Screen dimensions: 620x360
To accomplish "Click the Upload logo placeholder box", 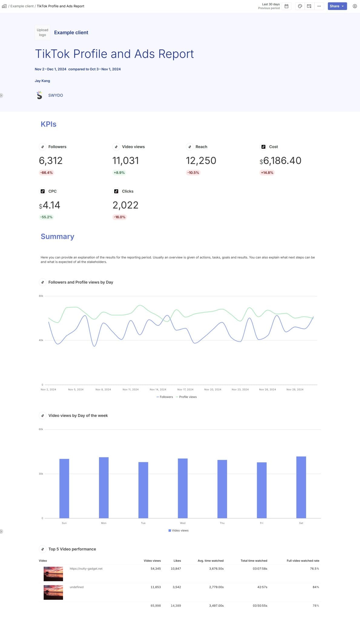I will [42, 32].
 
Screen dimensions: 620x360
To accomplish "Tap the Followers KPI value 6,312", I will [51, 160].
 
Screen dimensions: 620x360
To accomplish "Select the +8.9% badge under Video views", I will [119, 173].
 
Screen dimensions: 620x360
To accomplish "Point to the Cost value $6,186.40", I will [280, 160].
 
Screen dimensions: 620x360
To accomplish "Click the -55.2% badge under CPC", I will [46, 217].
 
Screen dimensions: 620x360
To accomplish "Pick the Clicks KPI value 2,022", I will [125, 205].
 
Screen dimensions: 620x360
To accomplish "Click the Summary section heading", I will [57, 236].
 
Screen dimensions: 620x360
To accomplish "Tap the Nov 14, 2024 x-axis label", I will [158, 389].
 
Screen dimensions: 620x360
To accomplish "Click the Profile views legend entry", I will [187, 397].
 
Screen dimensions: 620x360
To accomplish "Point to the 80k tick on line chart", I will [41, 296].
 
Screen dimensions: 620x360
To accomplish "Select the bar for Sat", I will [301, 487].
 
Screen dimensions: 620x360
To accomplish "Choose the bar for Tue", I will [143, 490].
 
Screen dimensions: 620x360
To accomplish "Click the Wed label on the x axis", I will [183, 523].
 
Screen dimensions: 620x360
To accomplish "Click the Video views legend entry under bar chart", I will [180, 530].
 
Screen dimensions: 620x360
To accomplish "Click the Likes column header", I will [177, 561].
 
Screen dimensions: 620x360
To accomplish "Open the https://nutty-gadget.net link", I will [86, 569].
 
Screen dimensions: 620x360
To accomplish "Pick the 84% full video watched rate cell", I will [315, 587].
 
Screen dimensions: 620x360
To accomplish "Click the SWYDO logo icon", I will [39, 95].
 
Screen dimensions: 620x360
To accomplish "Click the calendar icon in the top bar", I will [286, 6].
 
